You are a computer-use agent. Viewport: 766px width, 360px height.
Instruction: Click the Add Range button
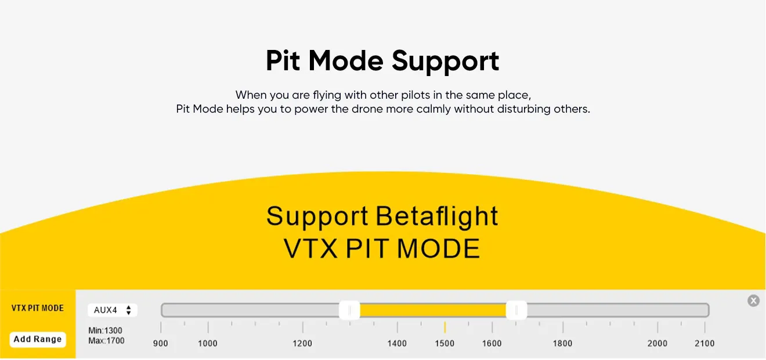click(x=38, y=339)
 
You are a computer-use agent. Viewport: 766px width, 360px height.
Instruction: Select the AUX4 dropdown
click(x=113, y=310)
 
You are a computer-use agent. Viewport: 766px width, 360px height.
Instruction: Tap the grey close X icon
click(x=753, y=300)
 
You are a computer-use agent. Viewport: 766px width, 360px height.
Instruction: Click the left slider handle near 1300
click(x=349, y=310)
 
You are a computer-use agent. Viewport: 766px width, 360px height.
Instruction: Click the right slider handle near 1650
click(x=516, y=310)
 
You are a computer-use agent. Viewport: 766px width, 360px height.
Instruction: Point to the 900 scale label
click(x=161, y=343)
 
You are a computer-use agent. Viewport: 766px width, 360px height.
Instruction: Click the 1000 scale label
click(x=208, y=343)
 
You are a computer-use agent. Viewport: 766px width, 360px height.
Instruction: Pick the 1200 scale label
click(x=302, y=343)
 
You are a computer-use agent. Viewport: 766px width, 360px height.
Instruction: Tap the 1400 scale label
click(x=397, y=343)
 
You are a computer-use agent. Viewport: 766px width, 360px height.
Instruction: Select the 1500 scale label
click(x=445, y=343)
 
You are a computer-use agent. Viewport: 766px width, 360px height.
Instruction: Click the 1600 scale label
click(x=492, y=343)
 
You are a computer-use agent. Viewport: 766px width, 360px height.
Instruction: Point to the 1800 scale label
click(x=562, y=343)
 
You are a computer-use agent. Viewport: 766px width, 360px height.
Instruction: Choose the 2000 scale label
click(x=657, y=343)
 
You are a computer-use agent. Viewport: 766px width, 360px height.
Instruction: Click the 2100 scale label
click(x=704, y=343)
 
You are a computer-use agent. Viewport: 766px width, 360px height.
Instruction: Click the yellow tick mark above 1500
click(x=445, y=327)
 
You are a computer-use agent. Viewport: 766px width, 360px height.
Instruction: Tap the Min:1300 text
click(x=105, y=331)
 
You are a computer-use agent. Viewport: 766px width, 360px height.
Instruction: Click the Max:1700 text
click(x=106, y=341)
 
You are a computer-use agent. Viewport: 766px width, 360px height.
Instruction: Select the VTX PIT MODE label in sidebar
click(x=38, y=308)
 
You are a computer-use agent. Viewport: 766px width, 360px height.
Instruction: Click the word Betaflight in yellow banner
click(x=436, y=216)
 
